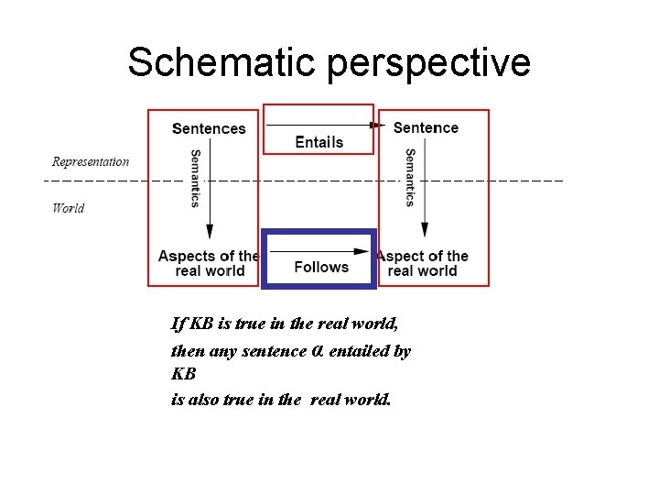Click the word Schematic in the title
point(222,62)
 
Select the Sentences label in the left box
point(209,129)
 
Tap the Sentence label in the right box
point(426,127)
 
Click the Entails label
point(319,142)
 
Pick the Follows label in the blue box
point(321,267)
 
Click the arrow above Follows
point(320,250)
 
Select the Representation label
point(91,162)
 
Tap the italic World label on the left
point(69,208)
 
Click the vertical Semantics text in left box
point(195,178)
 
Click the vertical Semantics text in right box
point(410,178)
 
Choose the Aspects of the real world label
point(210,263)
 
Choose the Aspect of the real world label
point(423,263)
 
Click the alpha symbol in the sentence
point(318,351)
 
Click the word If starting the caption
point(178,324)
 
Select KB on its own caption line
point(183,375)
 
